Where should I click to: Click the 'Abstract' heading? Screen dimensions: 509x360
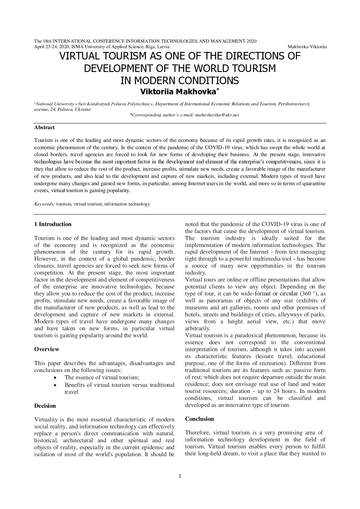pyautogui.click(x=44, y=127)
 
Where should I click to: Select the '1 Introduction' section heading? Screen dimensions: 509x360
pyautogui.click(x=53, y=224)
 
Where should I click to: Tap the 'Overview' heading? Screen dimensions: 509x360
pyautogui.click(x=46, y=349)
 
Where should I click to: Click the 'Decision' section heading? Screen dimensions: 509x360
pyautogui.click(x=45, y=406)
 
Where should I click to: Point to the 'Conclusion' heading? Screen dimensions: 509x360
pyautogui.click(x=199, y=419)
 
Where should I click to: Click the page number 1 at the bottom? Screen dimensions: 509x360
pyautogui.click(x=180, y=476)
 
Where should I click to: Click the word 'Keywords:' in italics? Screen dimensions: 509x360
pyautogui.click(x=44, y=204)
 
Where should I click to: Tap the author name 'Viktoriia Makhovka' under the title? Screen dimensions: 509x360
pyautogui.click(x=178, y=92)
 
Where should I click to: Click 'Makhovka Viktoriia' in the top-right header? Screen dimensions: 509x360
pyautogui.click(x=307, y=47)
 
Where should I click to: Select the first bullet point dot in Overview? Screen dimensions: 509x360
pyautogui.click(x=55, y=378)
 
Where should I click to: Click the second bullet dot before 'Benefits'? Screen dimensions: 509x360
pyautogui.click(x=55, y=385)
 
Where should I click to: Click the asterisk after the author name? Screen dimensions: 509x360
pyautogui.click(x=218, y=90)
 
